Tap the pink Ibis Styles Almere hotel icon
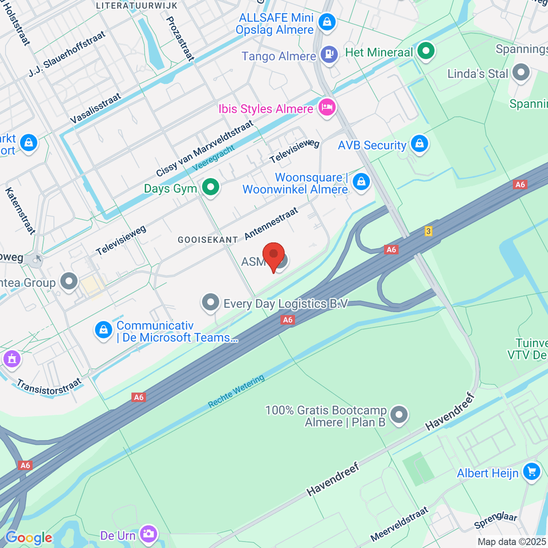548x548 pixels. point(327,108)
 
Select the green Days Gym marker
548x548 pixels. point(211,187)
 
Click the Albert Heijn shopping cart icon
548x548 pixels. point(531,471)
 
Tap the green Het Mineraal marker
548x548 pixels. point(426,51)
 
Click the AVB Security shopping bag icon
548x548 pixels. point(419,144)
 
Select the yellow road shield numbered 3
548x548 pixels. point(428,231)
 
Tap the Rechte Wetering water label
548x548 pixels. point(236,391)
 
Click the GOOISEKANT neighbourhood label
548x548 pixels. point(208,240)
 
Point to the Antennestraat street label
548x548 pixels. point(271,223)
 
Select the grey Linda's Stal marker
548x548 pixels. point(521,72)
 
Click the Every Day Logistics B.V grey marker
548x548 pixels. point(211,302)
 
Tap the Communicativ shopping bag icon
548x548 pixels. point(103,330)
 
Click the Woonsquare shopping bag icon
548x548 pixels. point(361,181)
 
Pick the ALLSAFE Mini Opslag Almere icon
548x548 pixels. point(327,22)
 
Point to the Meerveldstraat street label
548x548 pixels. point(400,524)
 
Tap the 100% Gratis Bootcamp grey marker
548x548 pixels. point(400,415)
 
